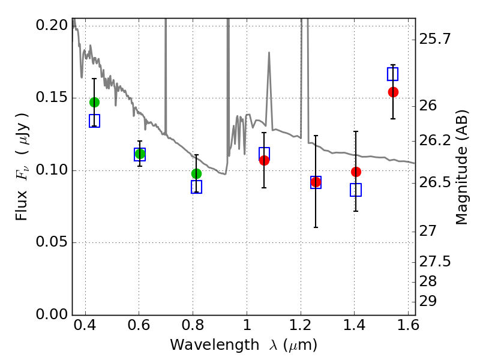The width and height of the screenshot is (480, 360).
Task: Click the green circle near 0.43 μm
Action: click(94, 102)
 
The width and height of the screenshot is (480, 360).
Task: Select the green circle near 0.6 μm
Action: click(140, 154)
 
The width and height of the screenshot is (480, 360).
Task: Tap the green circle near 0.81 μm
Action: click(196, 173)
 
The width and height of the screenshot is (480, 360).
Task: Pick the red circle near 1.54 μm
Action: click(393, 92)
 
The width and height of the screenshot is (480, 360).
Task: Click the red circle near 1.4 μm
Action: click(356, 172)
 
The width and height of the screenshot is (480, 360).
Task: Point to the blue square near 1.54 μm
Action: click(392, 74)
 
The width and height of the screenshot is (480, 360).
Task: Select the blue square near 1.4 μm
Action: click(356, 190)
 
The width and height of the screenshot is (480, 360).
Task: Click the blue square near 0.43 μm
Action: click(94, 121)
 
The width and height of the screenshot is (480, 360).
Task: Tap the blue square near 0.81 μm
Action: click(196, 187)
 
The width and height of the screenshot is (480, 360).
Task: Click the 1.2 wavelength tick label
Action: click(300, 328)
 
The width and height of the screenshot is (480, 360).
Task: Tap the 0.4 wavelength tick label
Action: click(85, 328)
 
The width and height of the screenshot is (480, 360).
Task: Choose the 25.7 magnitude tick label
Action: click(436, 40)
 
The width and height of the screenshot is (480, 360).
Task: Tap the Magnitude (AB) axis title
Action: click(462, 167)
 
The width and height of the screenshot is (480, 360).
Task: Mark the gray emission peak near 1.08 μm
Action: click(269, 53)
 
